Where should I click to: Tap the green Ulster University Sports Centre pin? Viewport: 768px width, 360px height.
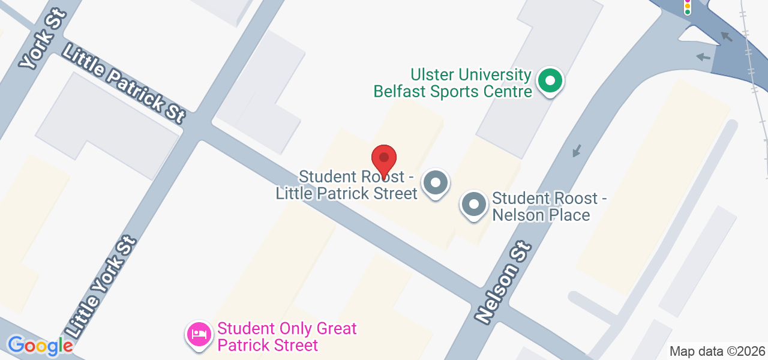coord(549,81)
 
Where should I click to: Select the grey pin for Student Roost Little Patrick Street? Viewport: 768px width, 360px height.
coord(436,183)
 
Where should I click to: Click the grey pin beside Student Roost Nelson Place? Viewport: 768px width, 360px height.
coord(474,205)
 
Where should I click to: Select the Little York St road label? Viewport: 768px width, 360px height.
coord(102,287)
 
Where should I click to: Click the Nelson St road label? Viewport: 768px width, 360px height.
coord(503,283)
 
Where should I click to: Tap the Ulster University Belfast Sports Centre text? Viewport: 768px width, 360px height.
coord(453,83)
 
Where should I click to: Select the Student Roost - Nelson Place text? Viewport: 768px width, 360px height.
coord(545,206)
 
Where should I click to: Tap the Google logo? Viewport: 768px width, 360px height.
coord(40,345)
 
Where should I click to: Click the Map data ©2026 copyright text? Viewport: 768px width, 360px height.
coord(717,351)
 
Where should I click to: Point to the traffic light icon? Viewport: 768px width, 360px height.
coord(688,7)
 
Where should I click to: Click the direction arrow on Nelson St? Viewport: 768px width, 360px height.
coord(577,151)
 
